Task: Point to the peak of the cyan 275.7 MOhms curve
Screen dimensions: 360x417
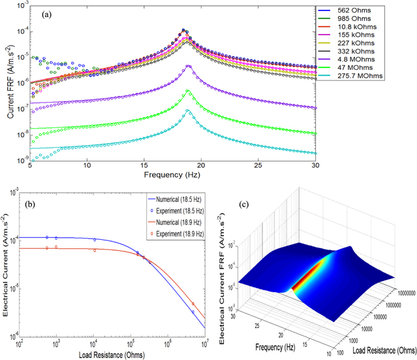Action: point(189,110)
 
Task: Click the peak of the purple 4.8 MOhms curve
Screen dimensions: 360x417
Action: point(189,66)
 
